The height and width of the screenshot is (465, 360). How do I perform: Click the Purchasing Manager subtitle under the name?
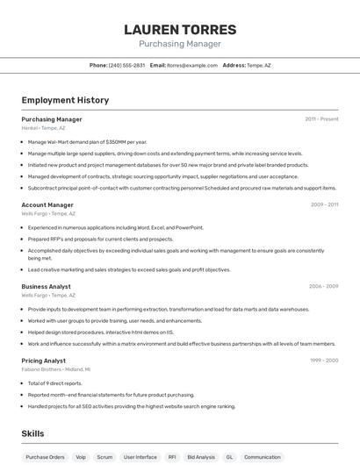pos(180,44)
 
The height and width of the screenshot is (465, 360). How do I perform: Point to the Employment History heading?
pos(65,100)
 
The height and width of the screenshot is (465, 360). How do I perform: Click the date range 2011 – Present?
pos(321,119)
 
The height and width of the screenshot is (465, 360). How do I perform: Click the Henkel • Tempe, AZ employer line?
pos(43,128)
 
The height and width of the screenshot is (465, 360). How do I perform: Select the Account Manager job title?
pos(47,204)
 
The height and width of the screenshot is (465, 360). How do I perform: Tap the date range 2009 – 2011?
pos(324,204)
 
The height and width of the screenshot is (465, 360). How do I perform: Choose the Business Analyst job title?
pos(47,286)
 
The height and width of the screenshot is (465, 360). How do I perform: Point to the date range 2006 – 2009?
pos(323,286)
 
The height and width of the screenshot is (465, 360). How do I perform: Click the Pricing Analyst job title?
pos(44,361)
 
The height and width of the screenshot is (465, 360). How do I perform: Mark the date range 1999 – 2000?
pos(324,361)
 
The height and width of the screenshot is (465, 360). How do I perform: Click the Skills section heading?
pos(32,433)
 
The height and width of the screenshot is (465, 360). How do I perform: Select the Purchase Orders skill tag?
pos(45,457)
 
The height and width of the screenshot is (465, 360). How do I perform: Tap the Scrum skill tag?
pos(104,457)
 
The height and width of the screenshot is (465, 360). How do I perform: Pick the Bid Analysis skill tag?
pos(201,457)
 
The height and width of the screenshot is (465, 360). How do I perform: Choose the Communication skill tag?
pos(263,457)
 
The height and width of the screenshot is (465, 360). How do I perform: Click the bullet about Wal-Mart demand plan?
pos(87,141)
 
